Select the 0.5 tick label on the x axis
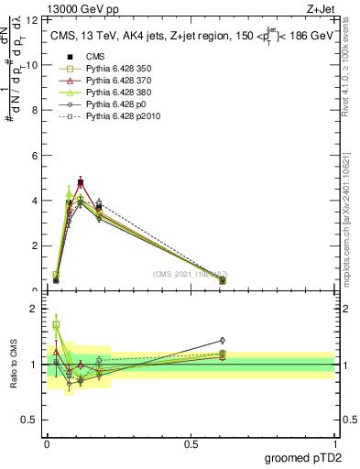coord(191,443)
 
